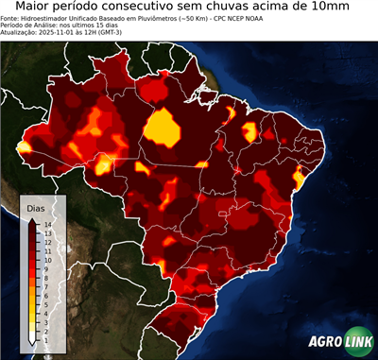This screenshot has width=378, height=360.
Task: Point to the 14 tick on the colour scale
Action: [46, 225]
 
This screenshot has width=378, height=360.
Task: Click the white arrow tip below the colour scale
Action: [32, 340]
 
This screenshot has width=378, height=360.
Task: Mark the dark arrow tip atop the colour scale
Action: [32, 217]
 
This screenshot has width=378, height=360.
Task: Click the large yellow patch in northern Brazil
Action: [164, 127]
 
